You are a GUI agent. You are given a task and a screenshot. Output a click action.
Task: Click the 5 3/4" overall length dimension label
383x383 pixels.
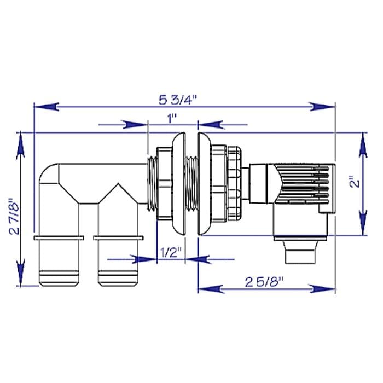pos(178,100)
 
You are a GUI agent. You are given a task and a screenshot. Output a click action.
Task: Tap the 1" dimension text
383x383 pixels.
pos(173,118)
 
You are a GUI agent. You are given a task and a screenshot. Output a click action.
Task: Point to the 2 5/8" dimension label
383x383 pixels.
pos(266,282)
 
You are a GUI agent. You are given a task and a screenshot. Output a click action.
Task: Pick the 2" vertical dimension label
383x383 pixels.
pos(356,182)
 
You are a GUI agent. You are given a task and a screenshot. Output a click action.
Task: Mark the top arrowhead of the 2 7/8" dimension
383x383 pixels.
pos(20,144)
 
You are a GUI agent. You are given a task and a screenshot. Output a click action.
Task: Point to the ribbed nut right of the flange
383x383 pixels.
pos(234,184)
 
